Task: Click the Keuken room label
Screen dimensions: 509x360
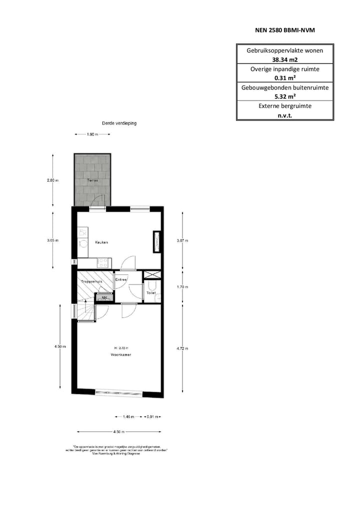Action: [x=101, y=242]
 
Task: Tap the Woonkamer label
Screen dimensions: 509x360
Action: [x=121, y=354]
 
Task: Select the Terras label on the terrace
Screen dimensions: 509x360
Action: [x=92, y=180]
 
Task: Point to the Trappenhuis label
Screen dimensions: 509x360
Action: [x=91, y=282]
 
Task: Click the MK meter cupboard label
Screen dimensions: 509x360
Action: [x=104, y=298]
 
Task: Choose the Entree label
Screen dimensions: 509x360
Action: [x=121, y=279]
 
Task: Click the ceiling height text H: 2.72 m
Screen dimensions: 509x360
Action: [x=121, y=347]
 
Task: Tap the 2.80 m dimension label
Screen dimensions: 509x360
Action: [x=53, y=180]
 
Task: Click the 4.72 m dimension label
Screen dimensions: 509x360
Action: [x=182, y=348]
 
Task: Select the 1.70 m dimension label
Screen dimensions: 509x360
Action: [x=182, y=287]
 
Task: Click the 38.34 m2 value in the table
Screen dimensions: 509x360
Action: [x=284, y=59]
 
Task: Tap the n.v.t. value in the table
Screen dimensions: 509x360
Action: [x=284, y=114]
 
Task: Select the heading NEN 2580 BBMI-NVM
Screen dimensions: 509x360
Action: [x=284, y=30]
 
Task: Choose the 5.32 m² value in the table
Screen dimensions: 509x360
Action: [x=284, y=96]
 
